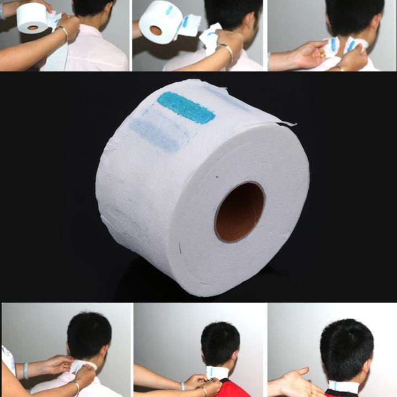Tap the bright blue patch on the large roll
pyautogui.click(x=186, y=107)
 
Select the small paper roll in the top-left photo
pyautogui.click(x=31, y=18)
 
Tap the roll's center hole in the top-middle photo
pyautogui.click(x=156, y=30)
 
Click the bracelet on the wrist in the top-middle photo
pyautogui.click(x=226, y=51)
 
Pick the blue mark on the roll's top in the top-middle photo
pyautogui.click(x=169, y=10)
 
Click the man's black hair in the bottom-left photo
pyautogui.click(x=89, y=334)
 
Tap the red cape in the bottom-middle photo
pyautogui.click(x=227, y=389)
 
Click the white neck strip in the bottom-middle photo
pyautogui.click(x=218, y=373)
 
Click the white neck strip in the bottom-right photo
pyautogui.click(x=342, y=386)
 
